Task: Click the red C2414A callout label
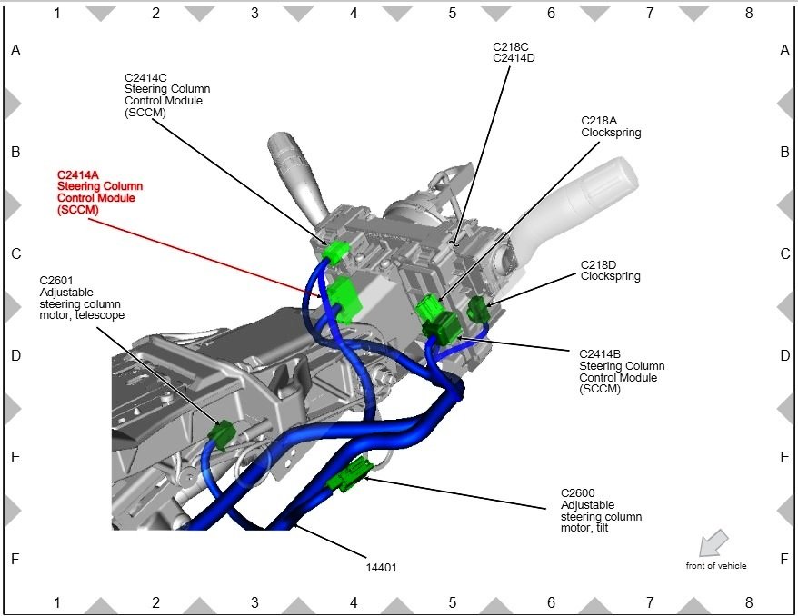(x=99, y=192)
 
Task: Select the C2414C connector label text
(x=166, y=94)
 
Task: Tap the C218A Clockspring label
(x=611, y=126)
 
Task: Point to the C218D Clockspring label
(x=611, y=271)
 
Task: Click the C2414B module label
(x=622, y=372)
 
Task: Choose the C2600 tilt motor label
(x=601, y=511)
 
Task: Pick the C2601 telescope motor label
(x=82, y=297)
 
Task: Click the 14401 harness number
(x=382, y=567)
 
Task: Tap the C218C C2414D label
(x=514, y=52)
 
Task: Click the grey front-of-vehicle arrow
(x=714, y=541)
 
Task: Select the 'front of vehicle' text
(x=716, y=566)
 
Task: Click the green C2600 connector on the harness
(x=350, y=475)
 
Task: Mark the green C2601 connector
(x=221, y=435)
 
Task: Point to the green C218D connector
(x=478, y=309)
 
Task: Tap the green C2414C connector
(x=338, y=250)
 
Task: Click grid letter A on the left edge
(x=15, y=52)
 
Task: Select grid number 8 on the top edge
(x=749, y=14)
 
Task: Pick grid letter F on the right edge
(x=785, y=559)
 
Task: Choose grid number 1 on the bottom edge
(x=57, y=602)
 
